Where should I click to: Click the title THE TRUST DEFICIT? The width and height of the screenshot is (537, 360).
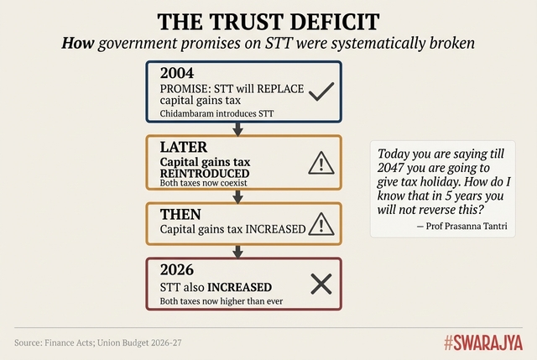[268, 21]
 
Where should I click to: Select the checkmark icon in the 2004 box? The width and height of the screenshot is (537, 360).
[321, 92]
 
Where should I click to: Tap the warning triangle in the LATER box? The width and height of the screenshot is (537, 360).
[321, 163]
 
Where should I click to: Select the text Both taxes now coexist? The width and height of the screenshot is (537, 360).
[203, 182]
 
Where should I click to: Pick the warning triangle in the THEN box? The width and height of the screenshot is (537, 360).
[321, 223]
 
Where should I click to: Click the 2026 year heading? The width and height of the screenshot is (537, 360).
[177, 271]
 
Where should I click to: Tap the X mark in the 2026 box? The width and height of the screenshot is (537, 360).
[321, 284]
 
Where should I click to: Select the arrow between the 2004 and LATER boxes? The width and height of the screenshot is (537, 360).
[237, 129]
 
